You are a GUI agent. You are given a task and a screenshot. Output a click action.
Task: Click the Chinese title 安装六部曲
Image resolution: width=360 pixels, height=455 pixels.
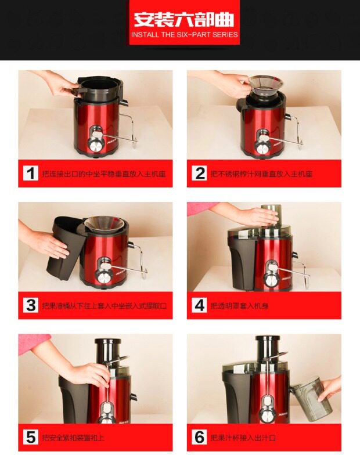coord(184,20)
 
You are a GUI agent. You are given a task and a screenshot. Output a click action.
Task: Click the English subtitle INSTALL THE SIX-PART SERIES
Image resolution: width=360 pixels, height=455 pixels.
coord(185,35)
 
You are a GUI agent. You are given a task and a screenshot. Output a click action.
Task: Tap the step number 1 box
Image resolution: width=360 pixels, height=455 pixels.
coord(30,173)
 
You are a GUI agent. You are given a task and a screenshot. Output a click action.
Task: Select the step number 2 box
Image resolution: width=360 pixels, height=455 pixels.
coord(199,173)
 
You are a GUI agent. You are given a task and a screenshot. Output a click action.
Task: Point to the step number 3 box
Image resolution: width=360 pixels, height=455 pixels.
coord(30,305)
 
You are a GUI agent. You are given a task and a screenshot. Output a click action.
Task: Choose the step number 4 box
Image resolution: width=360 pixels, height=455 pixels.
coord(199,305)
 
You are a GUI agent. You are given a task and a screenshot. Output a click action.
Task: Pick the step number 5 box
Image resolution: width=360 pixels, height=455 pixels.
coord(30,438)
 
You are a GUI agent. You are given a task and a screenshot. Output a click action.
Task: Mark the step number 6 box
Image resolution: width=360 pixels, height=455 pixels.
coord(199,438)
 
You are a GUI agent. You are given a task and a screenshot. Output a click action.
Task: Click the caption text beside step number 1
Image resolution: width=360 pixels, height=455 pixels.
coord(103,174)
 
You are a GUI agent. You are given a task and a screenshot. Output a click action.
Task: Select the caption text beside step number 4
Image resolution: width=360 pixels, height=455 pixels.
coord(239,305)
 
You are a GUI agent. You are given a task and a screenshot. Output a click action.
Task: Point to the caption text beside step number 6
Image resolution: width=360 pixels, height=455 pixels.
coord(243,438)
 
